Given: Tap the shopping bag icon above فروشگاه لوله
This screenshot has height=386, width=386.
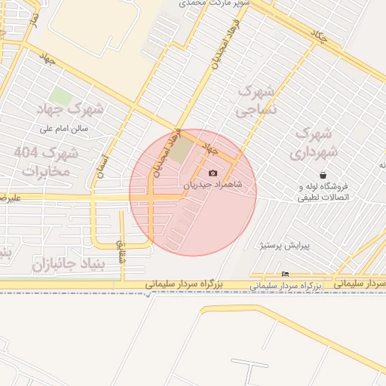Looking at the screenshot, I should tap(323, 175).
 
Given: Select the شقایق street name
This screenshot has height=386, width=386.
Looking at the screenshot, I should tap(120, 250).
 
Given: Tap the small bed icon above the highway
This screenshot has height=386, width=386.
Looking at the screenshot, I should tap(285, 274).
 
